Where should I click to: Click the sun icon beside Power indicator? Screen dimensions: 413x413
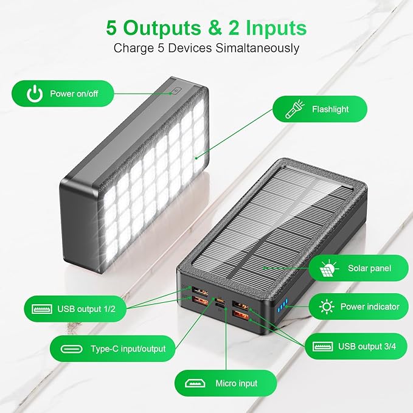[327, 307]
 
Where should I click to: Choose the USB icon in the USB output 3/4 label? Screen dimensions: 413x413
[322, 347]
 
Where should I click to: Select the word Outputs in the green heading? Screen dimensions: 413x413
[160, 27]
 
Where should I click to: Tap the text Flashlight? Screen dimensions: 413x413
[330, 109]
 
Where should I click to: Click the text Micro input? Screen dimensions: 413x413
[236, 383]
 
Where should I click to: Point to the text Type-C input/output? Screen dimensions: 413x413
[128, 349]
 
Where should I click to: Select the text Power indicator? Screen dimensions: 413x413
[370, 307]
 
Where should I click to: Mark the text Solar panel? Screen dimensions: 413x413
[369, 268]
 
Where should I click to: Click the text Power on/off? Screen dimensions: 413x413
[74, 94]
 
